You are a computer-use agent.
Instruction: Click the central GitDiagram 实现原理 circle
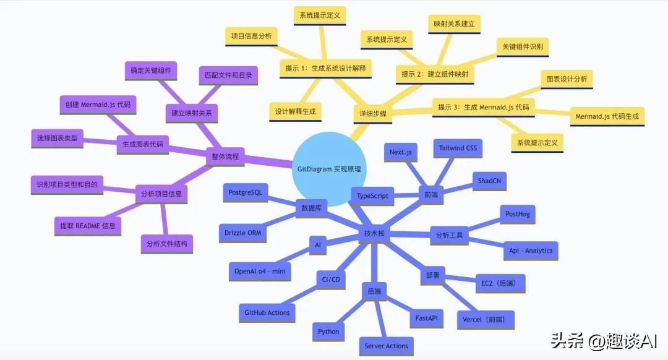point(329,169)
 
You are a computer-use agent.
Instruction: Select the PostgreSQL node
point(246,192)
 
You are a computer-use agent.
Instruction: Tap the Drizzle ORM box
point(243,233)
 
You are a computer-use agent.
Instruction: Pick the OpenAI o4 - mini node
point(260,272)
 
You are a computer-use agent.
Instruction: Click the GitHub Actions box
point(267,313)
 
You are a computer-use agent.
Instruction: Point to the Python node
point(328,332)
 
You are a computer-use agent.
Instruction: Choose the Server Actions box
point(387,346)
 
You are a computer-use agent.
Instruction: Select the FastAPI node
point(426,319)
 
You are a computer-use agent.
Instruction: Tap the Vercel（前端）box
point(486,320)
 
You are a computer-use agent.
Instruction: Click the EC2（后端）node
point(500,283)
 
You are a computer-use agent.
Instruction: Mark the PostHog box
point(518,214)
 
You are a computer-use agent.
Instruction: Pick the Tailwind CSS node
point(458,148)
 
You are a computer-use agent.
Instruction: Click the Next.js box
point(401,152)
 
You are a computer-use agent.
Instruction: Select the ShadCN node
point(489,181)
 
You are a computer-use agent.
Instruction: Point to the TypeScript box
point(373,196)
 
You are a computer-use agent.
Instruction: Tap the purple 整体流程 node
point(225,156)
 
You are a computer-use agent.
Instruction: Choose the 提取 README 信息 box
point(88,226)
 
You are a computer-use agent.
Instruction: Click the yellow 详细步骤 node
point(373,114)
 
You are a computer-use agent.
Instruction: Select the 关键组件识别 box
point(523,47)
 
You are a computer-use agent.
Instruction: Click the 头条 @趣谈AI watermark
point(604,341)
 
